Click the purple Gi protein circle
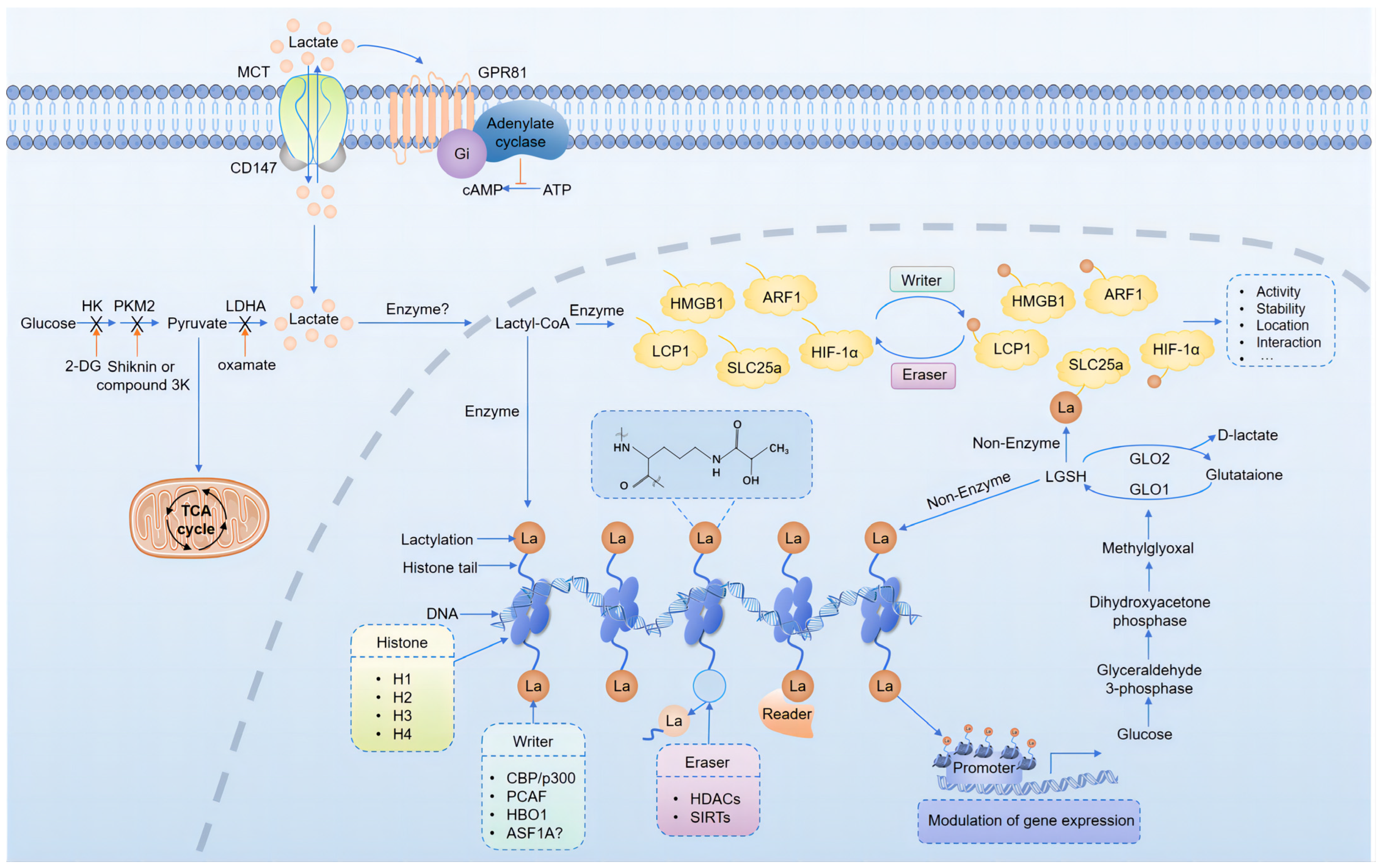pyautogui.click(x=461, y=153)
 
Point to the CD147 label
pyautogui.click(x=253, y=168)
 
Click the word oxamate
pyautogui.click(x=246, y=365)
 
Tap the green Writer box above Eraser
pyautogui.click(x=921, y=280)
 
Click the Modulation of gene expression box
pyautogui.click(x=1030, y=821)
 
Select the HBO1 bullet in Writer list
pyautogui.click(x=526, y=814)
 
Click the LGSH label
pyautogui.click(x=1065, y=476)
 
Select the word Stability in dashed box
pyautogui.click(x=1280, y=309)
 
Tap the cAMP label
pyautogui.click(x=482, y=190)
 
